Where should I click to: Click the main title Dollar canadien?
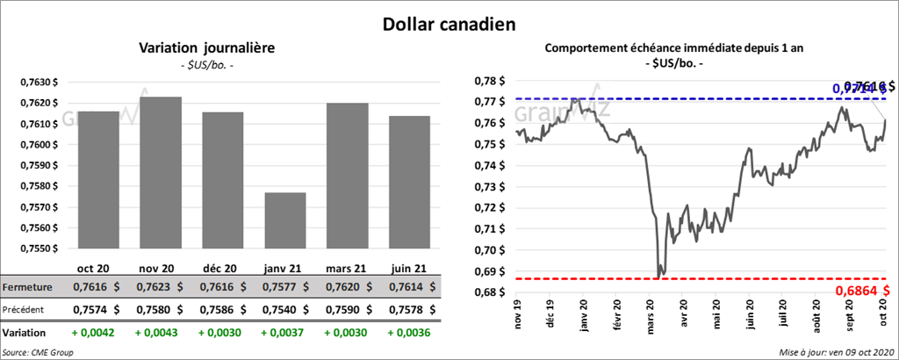[x=449, y=24]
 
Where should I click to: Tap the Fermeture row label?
[x=28, y=287]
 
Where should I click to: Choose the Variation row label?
[x=25, y=334]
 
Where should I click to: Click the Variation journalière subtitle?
[x=207, y=48]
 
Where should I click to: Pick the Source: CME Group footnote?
[x=39, y=351]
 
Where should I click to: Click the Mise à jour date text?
[x=834, y=351]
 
